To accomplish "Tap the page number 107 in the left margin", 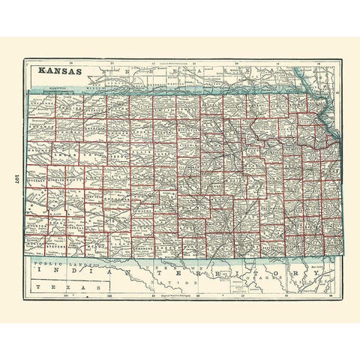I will coord(15,181).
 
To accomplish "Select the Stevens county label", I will coord(57,243).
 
